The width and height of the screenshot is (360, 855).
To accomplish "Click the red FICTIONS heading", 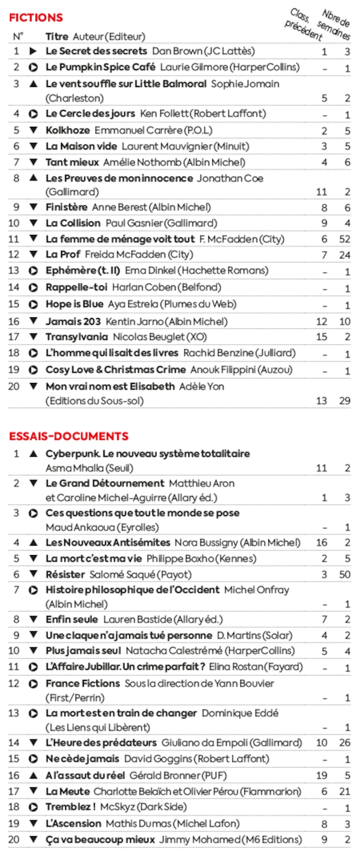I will point(36,18).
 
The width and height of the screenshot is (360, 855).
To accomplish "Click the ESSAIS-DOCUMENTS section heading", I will point(68,436).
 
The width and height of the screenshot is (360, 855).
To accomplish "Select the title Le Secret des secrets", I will point(96,51).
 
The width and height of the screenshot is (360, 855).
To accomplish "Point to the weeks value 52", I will point(345,239).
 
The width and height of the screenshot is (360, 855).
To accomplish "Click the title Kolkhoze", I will point(68,130).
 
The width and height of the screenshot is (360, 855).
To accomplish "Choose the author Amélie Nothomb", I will point(142,162).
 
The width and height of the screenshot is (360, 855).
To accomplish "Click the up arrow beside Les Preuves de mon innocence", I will point(34,178).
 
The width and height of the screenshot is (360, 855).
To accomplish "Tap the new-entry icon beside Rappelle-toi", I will point(33,288).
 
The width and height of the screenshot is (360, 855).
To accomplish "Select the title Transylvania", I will point(77,337).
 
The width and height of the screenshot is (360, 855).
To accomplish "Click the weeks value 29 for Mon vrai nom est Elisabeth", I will point(345,401).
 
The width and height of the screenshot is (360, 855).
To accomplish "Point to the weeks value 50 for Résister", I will point(345,574).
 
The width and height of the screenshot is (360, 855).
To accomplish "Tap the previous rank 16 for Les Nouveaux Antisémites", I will point(321,543).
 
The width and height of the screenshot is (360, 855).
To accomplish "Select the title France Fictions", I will point(83,683).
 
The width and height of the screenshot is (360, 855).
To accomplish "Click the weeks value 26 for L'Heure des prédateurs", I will point(345,742).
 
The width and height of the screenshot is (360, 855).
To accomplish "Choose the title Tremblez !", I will point(71,806).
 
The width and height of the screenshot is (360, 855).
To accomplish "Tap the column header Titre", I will point(57,37).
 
